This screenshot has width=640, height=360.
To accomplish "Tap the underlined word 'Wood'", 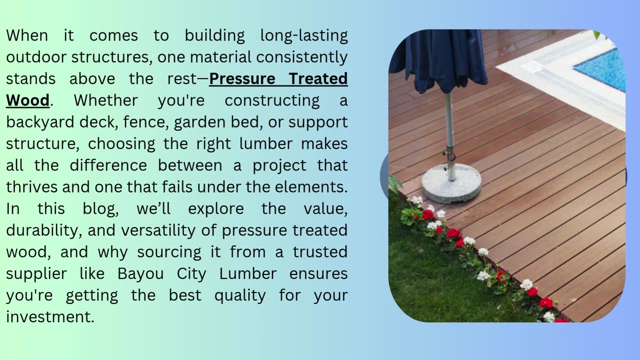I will (27, 100).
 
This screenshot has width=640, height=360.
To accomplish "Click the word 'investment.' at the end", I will (50, 317).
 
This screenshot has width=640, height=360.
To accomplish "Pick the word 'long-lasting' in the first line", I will (304, 35).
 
